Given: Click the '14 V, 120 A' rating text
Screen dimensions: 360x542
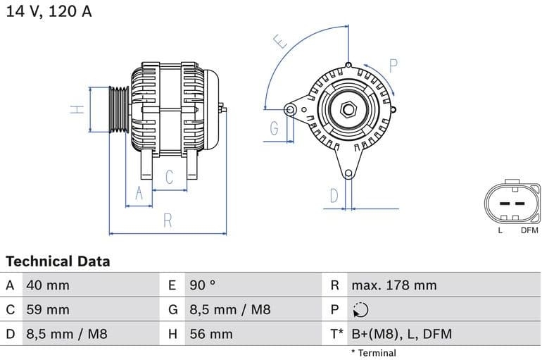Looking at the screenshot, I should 49,12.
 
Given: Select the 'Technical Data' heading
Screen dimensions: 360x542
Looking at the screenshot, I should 58,261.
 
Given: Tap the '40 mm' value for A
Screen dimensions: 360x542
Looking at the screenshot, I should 48,285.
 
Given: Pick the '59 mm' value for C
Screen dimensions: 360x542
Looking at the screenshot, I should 48,309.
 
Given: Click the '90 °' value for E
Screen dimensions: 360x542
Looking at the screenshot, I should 203,285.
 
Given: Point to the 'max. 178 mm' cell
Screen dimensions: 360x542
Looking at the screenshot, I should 394,285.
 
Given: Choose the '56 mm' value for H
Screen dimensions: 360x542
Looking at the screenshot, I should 210,334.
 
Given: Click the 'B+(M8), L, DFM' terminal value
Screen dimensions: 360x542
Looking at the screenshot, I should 401,334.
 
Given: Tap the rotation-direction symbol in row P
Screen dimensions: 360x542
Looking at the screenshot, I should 360,309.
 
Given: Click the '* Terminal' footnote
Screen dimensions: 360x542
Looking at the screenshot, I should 374,353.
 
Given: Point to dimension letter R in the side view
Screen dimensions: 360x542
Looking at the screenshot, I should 168,221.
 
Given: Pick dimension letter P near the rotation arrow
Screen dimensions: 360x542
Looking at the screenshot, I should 393,66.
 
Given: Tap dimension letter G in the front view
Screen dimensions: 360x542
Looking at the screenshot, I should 274,128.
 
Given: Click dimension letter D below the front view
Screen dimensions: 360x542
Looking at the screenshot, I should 334,195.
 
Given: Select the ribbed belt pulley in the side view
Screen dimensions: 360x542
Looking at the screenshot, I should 119,109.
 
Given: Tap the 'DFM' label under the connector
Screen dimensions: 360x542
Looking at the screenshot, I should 529,230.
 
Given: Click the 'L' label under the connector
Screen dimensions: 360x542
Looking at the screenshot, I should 500,230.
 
